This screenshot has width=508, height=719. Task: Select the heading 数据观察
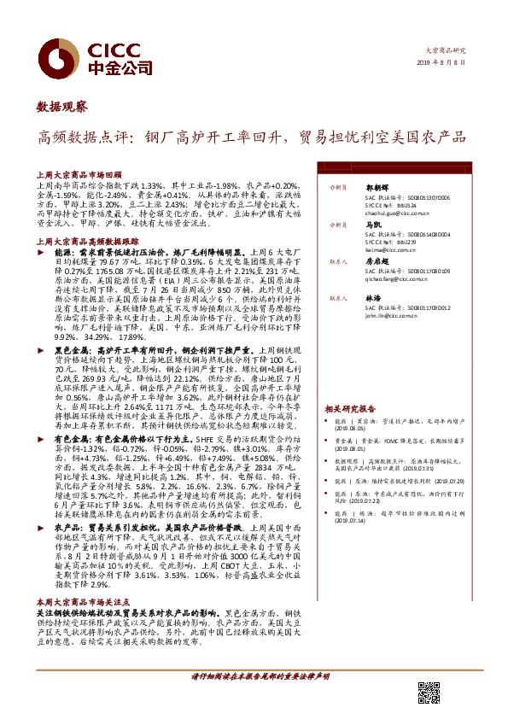[61, 107]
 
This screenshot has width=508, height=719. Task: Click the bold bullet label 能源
[63, 254]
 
